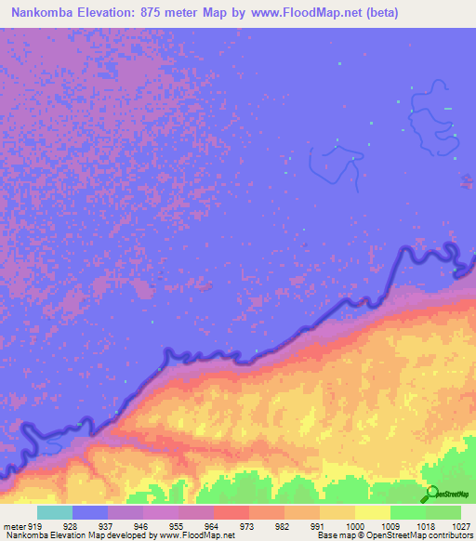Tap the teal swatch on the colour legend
pyautogui.click(x=55, y=512)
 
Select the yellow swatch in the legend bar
pyautogui.click(x=373, y=512)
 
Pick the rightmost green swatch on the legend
pyautogui.click(x=443, y=512)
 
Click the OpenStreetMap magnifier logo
pyautogui.click(x=431, y=495)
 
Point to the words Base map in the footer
pyautogui.click(x=335, y=535)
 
